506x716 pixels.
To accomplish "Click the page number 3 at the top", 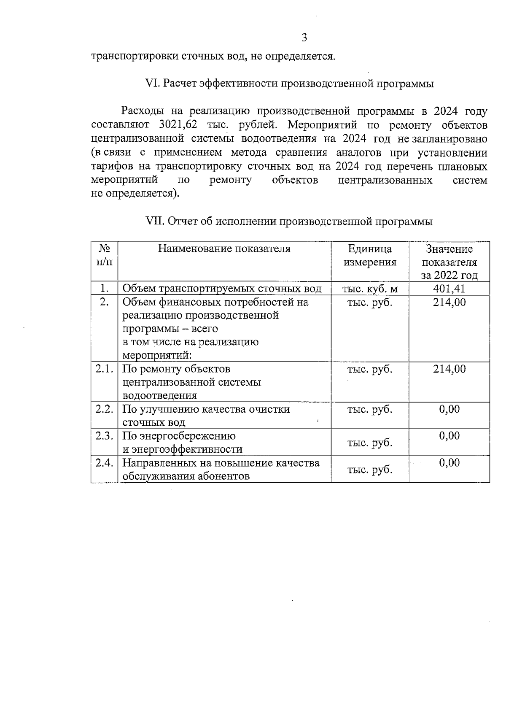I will (x=304, y=38).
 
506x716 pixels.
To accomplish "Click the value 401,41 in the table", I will (x=449, y=289).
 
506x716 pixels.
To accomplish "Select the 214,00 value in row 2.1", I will (x=449, y=369).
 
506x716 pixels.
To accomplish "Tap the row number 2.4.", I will (x=104, y=463).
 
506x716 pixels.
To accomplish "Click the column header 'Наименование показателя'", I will (x=224, y=249).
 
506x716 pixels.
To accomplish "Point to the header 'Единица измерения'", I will (x=370, y=255).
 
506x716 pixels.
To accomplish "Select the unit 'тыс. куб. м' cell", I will (x=370, y=289).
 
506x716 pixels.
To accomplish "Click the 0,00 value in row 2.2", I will (x=449, y=409).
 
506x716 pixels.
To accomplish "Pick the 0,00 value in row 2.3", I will (x=449, y=436).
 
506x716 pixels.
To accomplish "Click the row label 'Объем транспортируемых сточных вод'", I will (x=222, y=289).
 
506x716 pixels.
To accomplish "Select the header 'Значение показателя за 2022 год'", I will (x=449, y=262).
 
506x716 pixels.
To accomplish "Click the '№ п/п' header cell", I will (x=104, y=255).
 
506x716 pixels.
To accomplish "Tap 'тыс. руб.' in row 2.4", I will (x=370, y=470).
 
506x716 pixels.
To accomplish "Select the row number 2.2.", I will (x=104, y=409).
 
